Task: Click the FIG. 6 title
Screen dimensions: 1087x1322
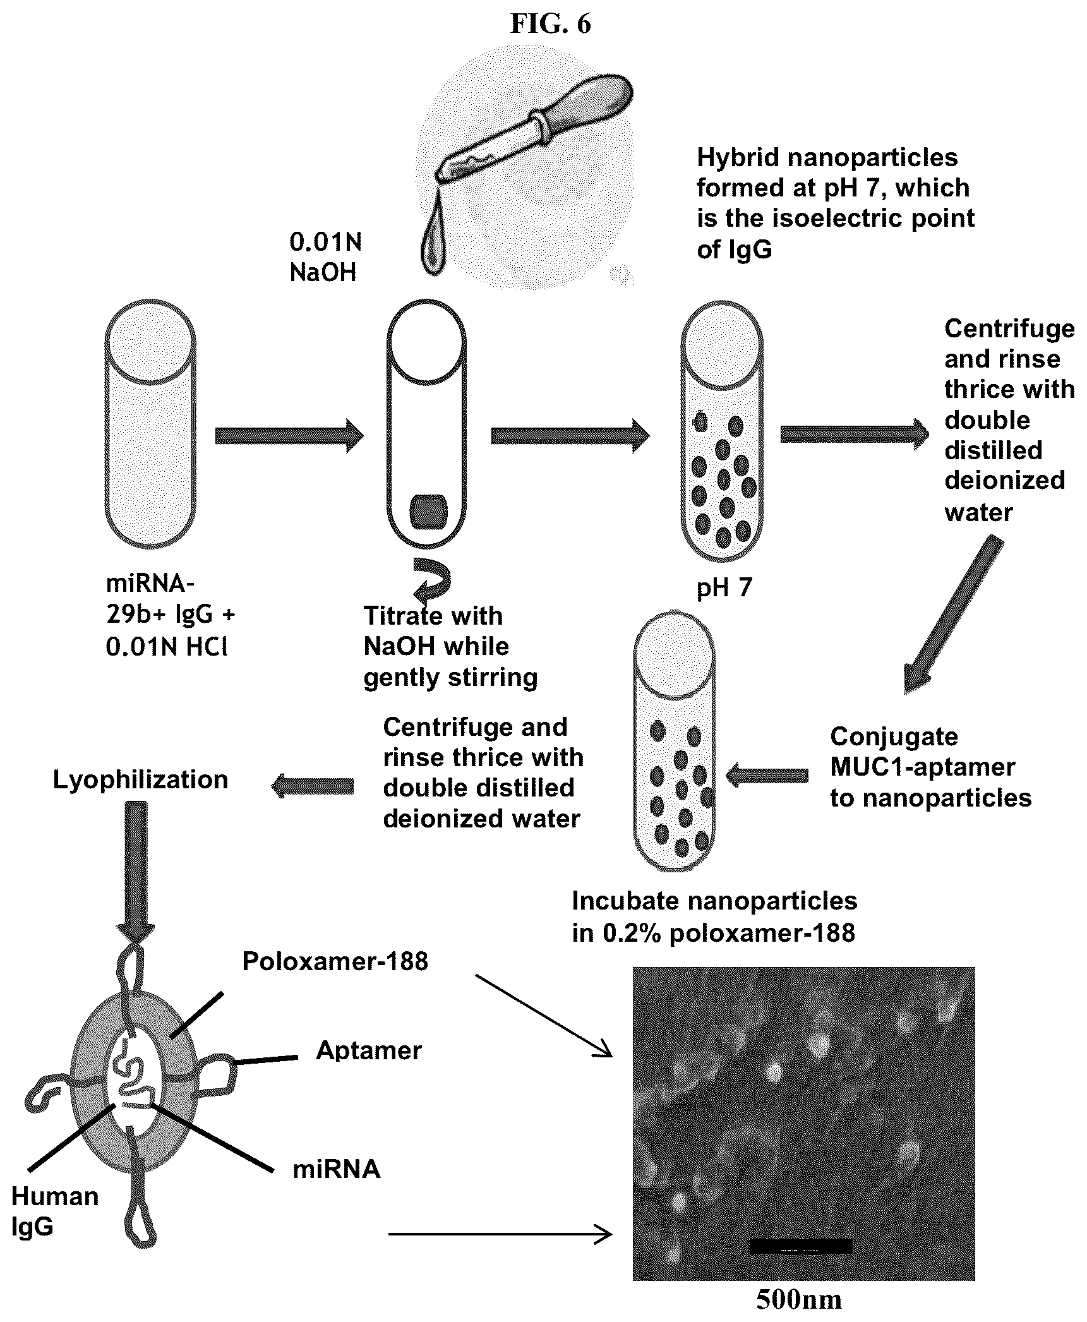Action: click(x=550, y=24)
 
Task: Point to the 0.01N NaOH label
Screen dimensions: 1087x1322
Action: click(x=326, y=257)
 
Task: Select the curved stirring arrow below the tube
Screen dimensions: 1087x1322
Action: click(x=433, y=579)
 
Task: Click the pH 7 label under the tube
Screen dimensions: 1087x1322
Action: click(x=724, y=588)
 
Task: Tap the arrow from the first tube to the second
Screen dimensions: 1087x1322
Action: click(x=289, y=435)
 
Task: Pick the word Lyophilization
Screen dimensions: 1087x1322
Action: click(x=140, y=779)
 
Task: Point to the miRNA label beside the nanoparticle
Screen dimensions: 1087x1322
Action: click(x=337, y=1169)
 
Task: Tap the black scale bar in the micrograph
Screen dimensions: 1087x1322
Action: click(x=800, y=1246)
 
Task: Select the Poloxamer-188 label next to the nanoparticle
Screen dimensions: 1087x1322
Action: click(x=335, y=961)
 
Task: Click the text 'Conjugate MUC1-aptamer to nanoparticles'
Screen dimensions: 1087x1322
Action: click(x=930, y=767)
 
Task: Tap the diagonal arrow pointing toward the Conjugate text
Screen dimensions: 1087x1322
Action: click(x=952, y=615)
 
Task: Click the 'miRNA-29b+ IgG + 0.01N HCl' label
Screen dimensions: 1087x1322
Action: click(x=166, y=615)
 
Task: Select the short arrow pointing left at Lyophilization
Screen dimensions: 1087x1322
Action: click(x=313, y=786)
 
